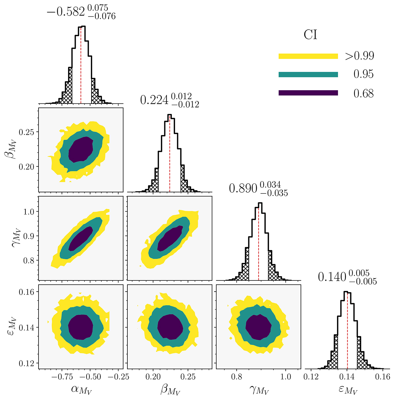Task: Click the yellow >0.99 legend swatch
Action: click(308, 56)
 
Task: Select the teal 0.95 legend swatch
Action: click(308, 74)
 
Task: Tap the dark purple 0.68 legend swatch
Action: click(308, 93)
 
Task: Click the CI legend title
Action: click(310, 35)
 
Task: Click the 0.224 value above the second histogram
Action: click(154, 100)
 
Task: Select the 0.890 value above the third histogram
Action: click(243, 188)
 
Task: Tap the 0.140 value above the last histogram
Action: click(332, 277)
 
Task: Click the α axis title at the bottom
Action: click(81, 389)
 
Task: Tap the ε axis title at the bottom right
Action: click(348, 389)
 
